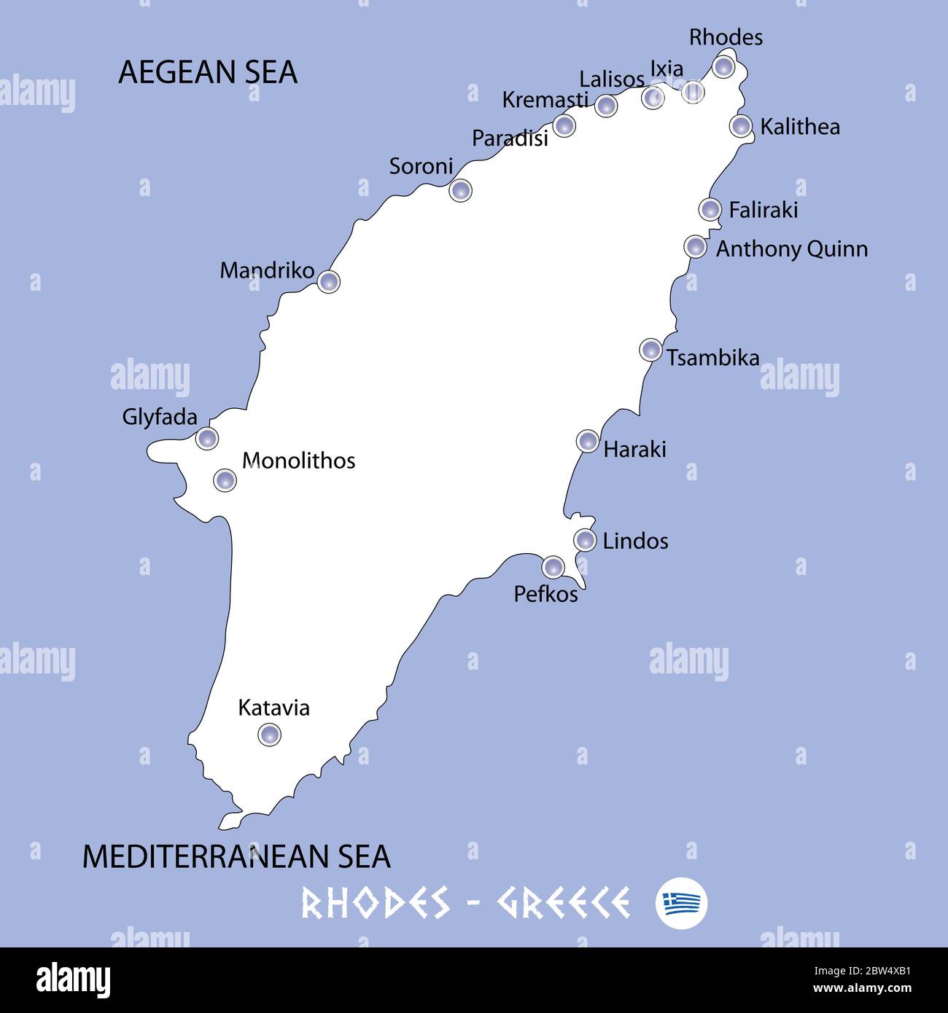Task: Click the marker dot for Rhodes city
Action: click(x=723, y=67)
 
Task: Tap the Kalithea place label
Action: click(x=800, y=127)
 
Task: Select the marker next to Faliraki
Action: click(x=710, y=209)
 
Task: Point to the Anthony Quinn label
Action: click(x=792, y=249)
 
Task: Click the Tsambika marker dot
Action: click(x=650, y=350)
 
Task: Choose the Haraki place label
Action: click(x=634, y=449)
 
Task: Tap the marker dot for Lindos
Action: click(x=585, y=540)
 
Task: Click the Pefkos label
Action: click(x=545, y=595)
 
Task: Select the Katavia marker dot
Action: click(x=270, y=734)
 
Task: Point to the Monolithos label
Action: click(x=298, y=461)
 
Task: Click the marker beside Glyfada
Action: click(x=207, y=438)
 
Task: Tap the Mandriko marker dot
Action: click(x=329, y=281)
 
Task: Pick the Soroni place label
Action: click(x=421, y=166)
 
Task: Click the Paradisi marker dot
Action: click(x=564, y=125)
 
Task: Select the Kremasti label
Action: click(x=545, y=100)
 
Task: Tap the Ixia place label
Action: click(x=667, y=69)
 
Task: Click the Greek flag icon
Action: click(x=681, y=904)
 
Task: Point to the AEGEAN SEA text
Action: click(x=208, y=72)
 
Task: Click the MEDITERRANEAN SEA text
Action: click(x=236, y=856)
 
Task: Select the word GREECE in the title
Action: click(x=564, y=904)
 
